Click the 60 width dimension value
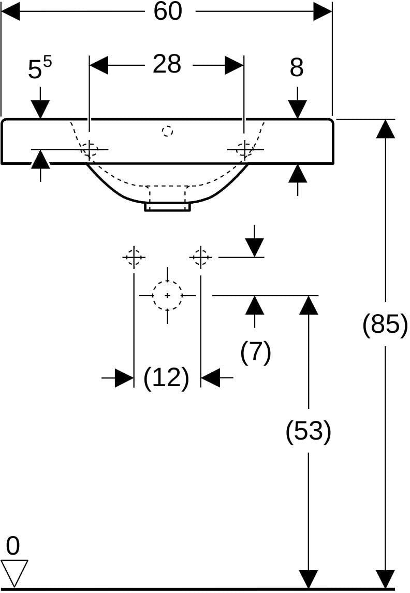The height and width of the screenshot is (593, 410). click(168, 11)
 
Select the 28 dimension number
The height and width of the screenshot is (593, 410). click(167, 64)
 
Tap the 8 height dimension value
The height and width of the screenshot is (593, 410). click(297, 68)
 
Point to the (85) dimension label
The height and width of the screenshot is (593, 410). click(385, 324)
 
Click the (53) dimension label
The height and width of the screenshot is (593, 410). click(309, 431)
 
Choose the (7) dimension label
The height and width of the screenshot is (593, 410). click(256, 352)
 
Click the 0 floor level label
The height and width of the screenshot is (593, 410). click(13, 546)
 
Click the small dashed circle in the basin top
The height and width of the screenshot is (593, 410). click(167, 131)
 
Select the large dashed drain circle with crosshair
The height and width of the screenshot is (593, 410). click(168, 295)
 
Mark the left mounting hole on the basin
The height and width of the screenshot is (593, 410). click(90, 149)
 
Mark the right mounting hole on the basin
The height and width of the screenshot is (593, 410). click(245, 149)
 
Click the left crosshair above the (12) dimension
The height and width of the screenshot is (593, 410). click(134, 257)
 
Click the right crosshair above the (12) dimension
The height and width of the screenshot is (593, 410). click(200, 257)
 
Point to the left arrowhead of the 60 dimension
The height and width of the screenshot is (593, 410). click(10, 11)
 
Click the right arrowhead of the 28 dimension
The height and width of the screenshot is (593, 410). click(234, 65)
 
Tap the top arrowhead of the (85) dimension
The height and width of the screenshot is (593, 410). click(386, 129)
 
